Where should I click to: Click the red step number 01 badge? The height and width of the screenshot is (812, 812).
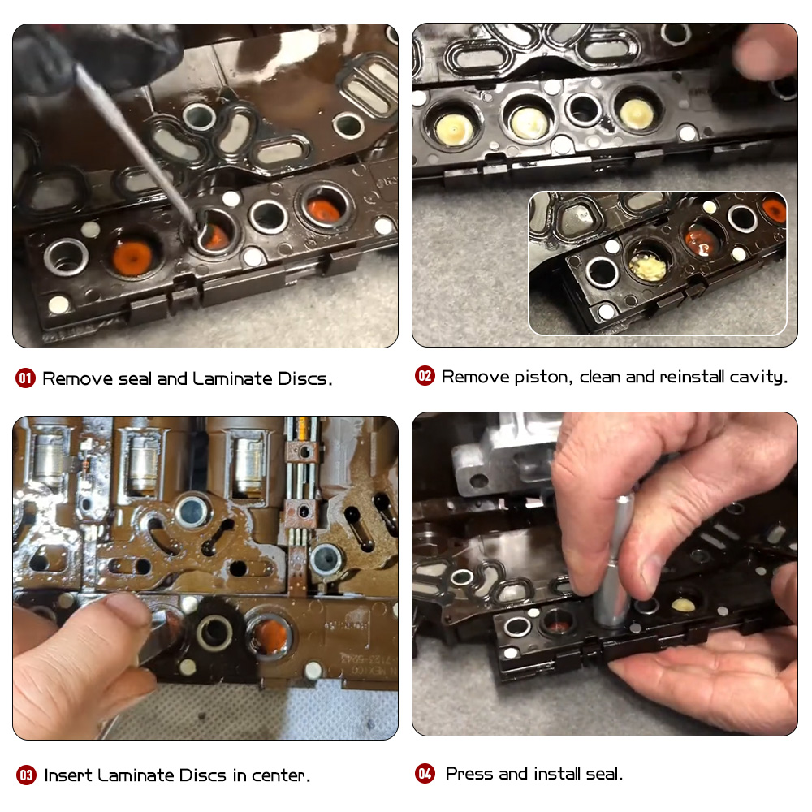[26, 378]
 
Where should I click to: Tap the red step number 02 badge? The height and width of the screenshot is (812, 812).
[425, 376]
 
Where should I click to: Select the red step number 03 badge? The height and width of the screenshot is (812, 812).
[26, 775]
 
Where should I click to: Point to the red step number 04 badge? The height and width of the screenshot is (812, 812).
[425, 774]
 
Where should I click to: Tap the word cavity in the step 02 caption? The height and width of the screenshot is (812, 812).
[760, 376]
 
